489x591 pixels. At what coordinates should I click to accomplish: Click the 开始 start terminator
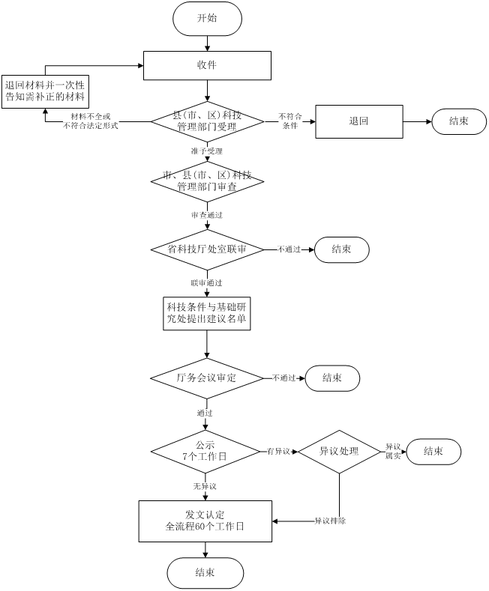207,19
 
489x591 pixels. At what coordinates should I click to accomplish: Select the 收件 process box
207,65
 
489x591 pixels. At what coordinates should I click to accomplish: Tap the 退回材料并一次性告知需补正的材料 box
45,91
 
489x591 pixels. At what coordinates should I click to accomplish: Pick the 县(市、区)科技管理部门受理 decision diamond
207,121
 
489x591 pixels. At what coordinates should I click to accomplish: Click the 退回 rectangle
358,121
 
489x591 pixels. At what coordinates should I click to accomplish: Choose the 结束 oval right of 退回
459,121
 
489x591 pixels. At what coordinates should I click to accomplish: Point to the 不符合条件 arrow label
289,121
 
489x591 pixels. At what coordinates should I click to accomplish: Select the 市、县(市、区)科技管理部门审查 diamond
207,181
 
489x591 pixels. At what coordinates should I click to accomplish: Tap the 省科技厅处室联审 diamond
207,249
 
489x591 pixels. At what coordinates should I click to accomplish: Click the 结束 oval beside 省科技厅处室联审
341,249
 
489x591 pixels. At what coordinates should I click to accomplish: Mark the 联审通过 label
206,283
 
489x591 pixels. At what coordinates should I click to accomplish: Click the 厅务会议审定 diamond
207,378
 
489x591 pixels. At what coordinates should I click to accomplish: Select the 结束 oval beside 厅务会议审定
332,378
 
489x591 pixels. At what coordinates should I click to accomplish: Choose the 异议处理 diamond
339,452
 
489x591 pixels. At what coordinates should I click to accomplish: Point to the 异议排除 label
330,521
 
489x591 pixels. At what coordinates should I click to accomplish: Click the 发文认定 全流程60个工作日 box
205,521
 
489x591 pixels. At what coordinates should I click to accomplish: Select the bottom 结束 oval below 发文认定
205,573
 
